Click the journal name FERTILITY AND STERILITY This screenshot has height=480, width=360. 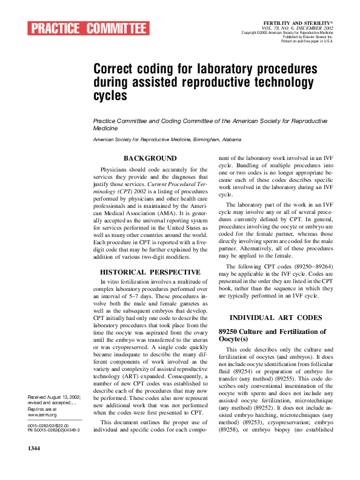tap(307, 22)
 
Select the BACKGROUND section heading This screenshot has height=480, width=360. tap(150, 158)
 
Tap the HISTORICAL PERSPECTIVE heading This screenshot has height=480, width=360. tap(150, 272)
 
